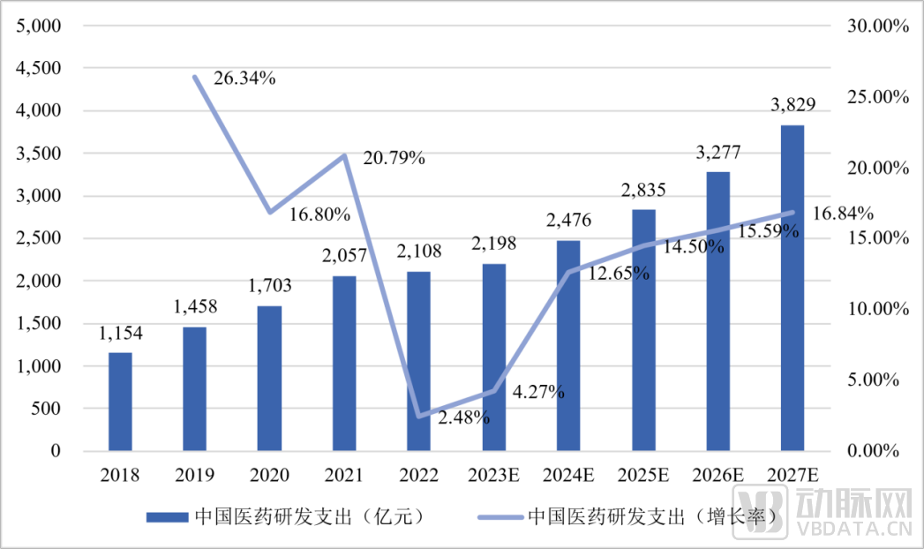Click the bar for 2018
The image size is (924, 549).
tap(120, 402)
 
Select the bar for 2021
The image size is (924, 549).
tap(344, 363)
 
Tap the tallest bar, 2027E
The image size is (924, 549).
tap(792, 288)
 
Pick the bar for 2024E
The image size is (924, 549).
tap(568, 345)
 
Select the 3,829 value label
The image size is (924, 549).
tap(793, 105)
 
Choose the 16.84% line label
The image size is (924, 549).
tap(843, 213)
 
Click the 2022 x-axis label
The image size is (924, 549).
tap(418, 476)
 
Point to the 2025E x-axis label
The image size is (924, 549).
tap(642, 476)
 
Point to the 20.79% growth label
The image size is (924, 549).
tap(394, 159)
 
